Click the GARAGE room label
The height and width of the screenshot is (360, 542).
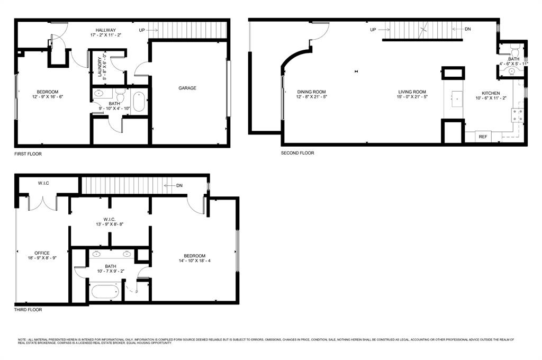[x=187, y=88]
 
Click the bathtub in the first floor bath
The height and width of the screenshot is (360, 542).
[x=139, y=102]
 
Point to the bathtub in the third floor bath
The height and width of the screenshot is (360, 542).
[x=109, y=293]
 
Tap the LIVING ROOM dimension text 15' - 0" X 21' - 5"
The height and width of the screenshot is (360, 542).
[x=412, y=97]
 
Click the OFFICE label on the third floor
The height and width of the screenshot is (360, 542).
[x=42, y=253]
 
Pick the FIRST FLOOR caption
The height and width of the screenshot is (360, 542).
[x=28, y=154]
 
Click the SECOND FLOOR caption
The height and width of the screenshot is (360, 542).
[x=297, y=153]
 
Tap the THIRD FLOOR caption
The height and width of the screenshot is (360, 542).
[x=28, y=310]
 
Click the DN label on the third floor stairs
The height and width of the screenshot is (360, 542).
[x=179, y=185]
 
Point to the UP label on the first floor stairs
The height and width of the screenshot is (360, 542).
[x=142, y=30]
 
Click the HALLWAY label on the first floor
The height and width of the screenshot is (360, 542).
[x=106, y=30]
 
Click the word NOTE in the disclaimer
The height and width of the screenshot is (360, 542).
[x=22, y=339]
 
